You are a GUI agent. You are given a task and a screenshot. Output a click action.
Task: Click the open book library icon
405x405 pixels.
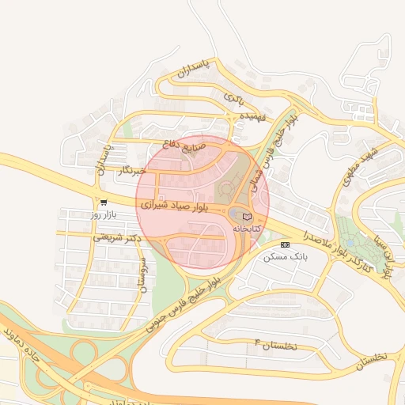[x=247, y=216]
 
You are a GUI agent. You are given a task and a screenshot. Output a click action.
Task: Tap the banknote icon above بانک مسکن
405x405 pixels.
[x=286, y=245]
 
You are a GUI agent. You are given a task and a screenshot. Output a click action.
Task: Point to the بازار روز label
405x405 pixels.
[x=103, y=214]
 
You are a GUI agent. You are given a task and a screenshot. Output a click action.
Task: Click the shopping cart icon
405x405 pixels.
[x=104, y=202]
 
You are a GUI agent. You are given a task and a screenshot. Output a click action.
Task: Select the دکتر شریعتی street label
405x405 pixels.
[x=115, y=236]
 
